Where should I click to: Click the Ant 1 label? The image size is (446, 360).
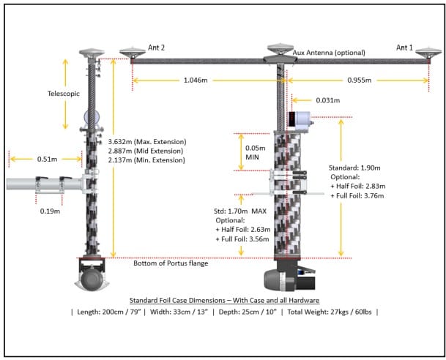(405, 48)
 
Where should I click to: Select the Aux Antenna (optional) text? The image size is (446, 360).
(329, 53)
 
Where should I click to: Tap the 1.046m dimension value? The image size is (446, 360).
(198, 78)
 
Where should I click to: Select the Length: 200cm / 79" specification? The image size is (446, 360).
(109, 312)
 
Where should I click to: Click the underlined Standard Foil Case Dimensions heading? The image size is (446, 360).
(223, 300)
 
